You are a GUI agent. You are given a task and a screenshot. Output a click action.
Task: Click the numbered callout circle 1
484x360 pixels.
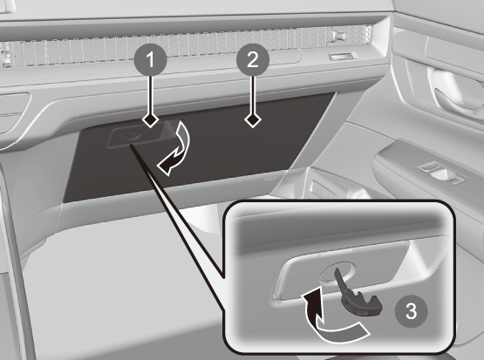pos(150,59)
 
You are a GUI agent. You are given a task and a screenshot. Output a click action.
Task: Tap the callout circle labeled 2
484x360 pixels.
pos(253,59)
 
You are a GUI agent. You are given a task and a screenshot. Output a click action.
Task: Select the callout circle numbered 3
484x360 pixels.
pos(411,311)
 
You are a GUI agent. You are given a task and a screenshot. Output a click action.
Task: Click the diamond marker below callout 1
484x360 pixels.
pos(150,119)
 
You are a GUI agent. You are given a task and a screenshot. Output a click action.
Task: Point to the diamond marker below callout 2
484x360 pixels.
pos(253,119)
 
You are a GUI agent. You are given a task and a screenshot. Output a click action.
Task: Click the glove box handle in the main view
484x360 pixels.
pos(138,135)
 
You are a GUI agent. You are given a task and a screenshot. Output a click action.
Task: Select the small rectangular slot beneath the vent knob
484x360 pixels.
pos(343,56)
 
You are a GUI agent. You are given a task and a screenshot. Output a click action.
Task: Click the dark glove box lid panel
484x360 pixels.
pos(198,148)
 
